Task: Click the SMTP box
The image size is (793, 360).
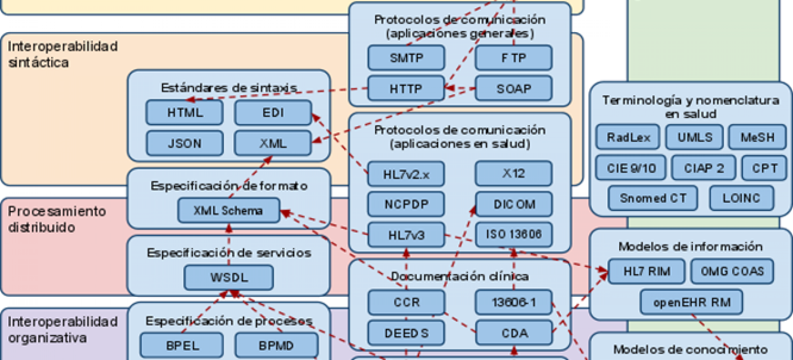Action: [x=406, y=58]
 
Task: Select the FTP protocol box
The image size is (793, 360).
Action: [x=513, y=58]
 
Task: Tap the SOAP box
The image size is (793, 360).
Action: [x=513, y=88]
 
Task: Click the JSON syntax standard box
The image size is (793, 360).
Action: [x=185, y=143]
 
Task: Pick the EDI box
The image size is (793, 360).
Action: [x=273, y=112]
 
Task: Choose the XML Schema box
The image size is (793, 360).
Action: [x=228, y=211]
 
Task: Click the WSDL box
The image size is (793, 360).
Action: [x=229, y=277]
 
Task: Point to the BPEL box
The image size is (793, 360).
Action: [x=182, y=346]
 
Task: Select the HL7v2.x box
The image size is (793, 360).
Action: [x=406, y=174]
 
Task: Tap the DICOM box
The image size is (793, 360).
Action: [x=514, y=204]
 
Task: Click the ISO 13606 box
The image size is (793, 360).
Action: [x=513, y=234]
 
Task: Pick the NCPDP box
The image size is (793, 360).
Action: [x=406, y=204]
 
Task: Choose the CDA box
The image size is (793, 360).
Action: [x=514, y=333]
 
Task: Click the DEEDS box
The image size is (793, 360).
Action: [x=406, y=333]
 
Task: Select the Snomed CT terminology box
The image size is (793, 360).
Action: [x=653, y=198]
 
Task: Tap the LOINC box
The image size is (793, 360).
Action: [x=741, y=198]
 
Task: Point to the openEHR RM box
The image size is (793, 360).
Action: [x=691, y=302]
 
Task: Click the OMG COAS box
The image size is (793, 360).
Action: [x=732, y=271]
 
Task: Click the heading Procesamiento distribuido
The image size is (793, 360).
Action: [x=57, y=219]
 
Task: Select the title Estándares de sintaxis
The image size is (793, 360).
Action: [x=228, y=88]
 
